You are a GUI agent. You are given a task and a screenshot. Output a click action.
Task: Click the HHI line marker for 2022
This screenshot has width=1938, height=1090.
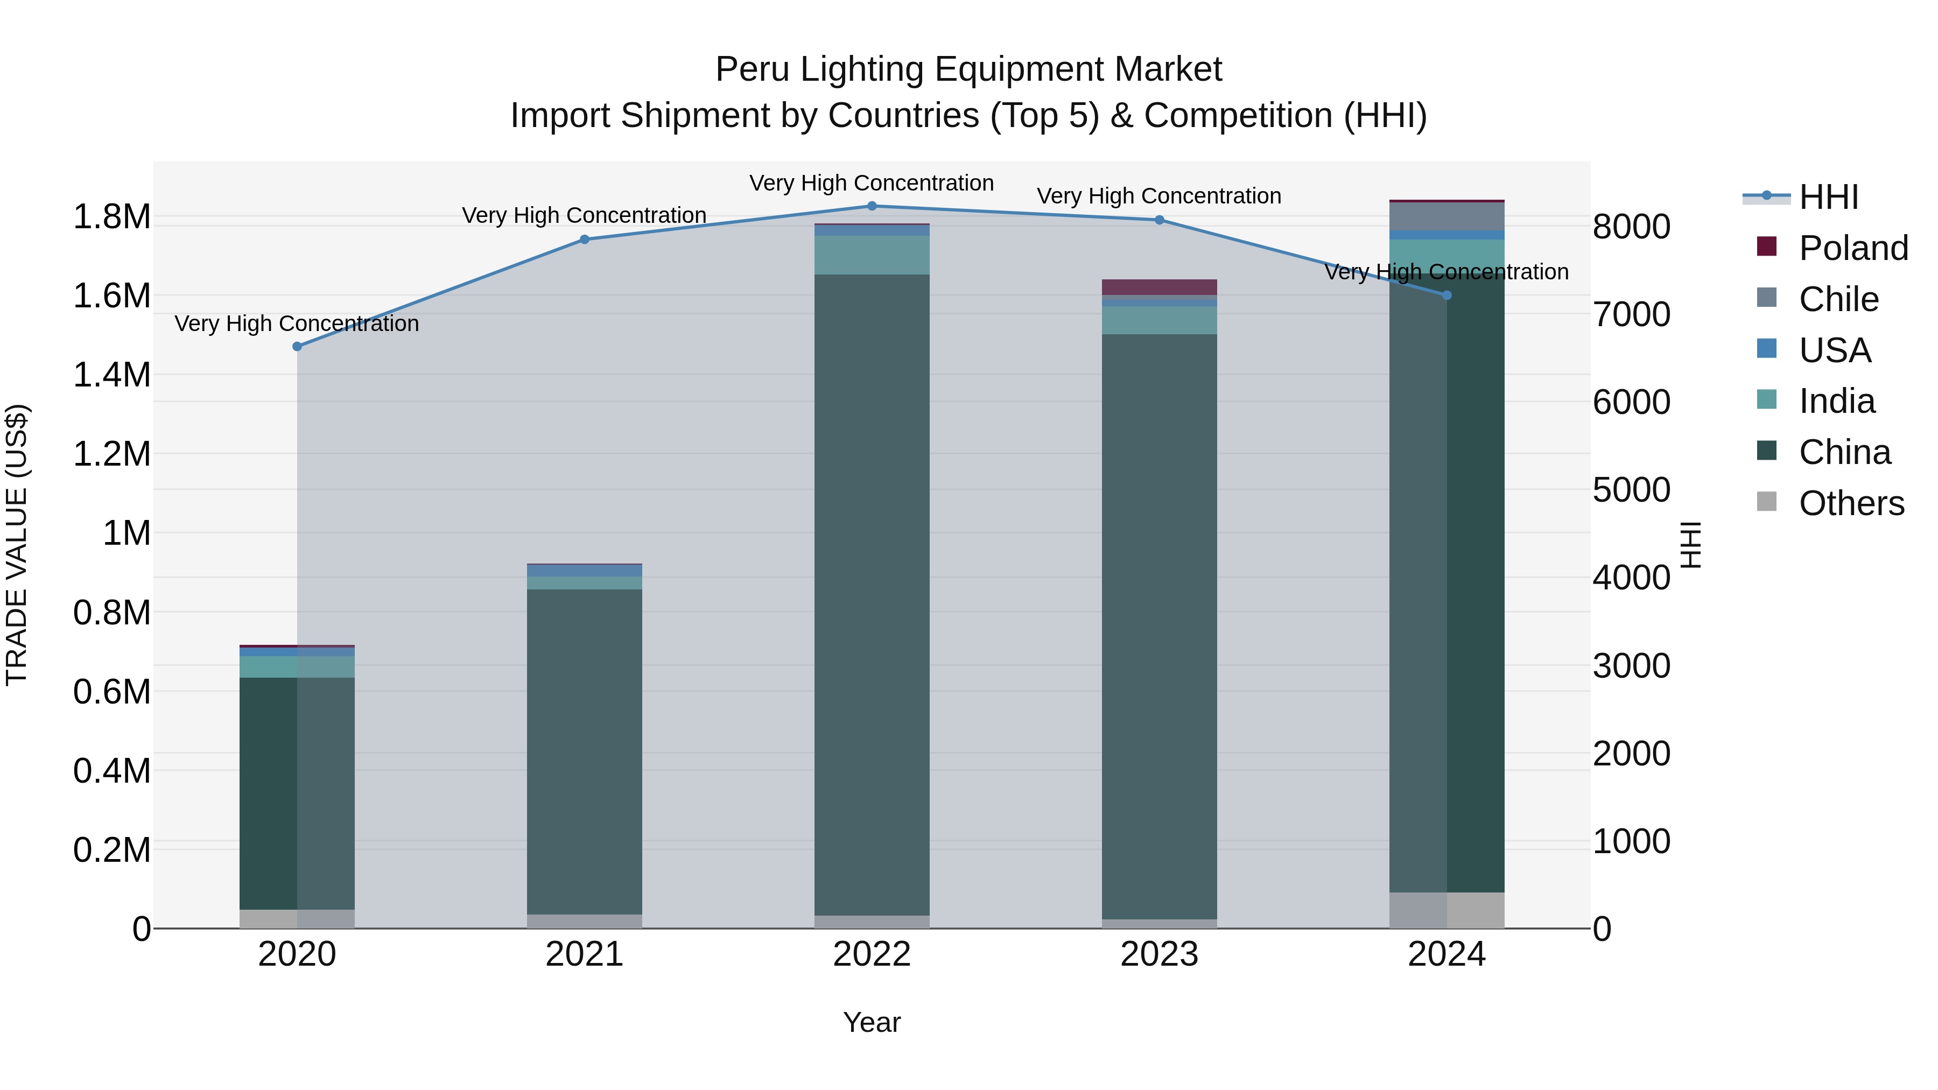tap(872, 206)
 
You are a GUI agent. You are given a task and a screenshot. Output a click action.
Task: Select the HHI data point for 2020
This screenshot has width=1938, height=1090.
tap(297, 347)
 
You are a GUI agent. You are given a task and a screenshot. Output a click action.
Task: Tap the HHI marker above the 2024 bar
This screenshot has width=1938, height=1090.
tap(1446, 296)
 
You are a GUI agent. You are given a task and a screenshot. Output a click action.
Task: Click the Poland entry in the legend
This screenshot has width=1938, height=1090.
tap(1853, 248)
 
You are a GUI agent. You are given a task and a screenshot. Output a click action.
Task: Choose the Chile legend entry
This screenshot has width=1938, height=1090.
tap(1838, 299)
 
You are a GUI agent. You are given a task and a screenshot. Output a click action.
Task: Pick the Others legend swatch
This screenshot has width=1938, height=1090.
tap(1766, 502)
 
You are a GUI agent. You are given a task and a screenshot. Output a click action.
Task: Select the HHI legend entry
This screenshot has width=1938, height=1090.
tap(1828, 197)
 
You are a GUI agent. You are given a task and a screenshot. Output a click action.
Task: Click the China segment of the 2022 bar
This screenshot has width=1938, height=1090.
tap(872, 594)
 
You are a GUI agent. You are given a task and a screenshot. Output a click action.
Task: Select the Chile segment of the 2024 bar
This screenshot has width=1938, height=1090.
tap(1446, 216)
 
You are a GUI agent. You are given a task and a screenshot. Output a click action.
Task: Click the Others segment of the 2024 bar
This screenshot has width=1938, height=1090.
tap(1446, 910)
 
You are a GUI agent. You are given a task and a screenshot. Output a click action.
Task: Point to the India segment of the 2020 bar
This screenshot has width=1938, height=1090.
tap(297, 666)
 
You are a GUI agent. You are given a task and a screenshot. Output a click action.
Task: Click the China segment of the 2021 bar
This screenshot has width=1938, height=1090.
tap(585, 753)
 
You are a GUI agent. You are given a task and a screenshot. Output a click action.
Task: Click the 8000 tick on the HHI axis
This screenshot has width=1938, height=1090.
tap(1631, 227)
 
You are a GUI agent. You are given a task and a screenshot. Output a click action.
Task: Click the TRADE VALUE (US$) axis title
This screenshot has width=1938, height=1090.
tap(17, 545)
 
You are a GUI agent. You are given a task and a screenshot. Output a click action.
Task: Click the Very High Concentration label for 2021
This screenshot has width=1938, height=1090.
tap(585, 216)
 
